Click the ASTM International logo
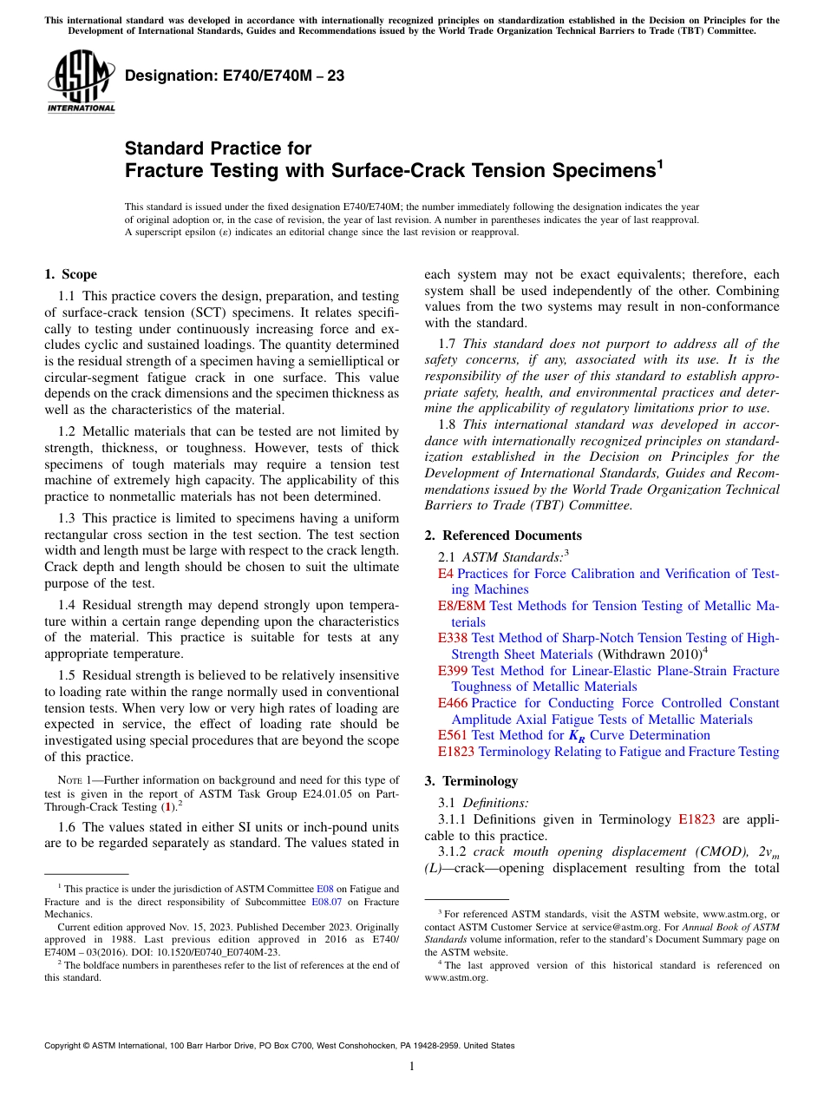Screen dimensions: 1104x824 pyautogui.click(x=81, y=82)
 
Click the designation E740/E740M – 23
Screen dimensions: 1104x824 pyautogui.click(x=234, y=76)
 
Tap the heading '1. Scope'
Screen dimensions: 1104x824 pyautogui.click(x=71, y=275)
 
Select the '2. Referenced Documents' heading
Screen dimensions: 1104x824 pyautogui.click(x=503, y=535)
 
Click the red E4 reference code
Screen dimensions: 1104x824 pyautogui.click(x=446, y=574)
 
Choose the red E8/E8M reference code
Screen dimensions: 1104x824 pyautogui.click(x=462, y=606)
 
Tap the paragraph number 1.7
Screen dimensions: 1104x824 pyautogui.click(x=447, y=344)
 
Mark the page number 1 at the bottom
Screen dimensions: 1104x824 pyautogui.click(x=412, y=1067)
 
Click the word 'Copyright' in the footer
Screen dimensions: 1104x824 pyautogui.click(x=63, y=1046)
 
